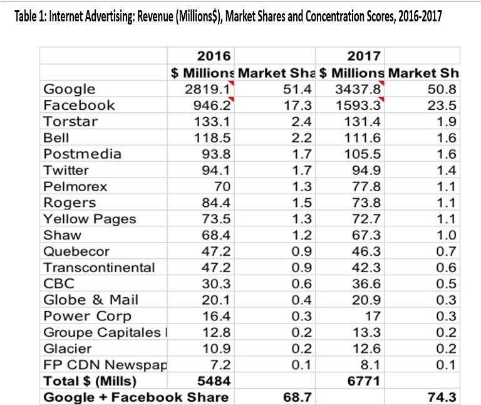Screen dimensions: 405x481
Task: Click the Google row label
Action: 69,89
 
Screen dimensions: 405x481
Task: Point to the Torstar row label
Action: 70,122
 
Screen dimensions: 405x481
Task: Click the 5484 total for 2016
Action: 215,381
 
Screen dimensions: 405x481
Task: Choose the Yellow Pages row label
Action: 90,219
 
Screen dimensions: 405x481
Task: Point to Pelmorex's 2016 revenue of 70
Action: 222,186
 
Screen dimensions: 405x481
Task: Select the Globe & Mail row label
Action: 91,300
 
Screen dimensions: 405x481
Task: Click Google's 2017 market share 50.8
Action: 444,89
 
